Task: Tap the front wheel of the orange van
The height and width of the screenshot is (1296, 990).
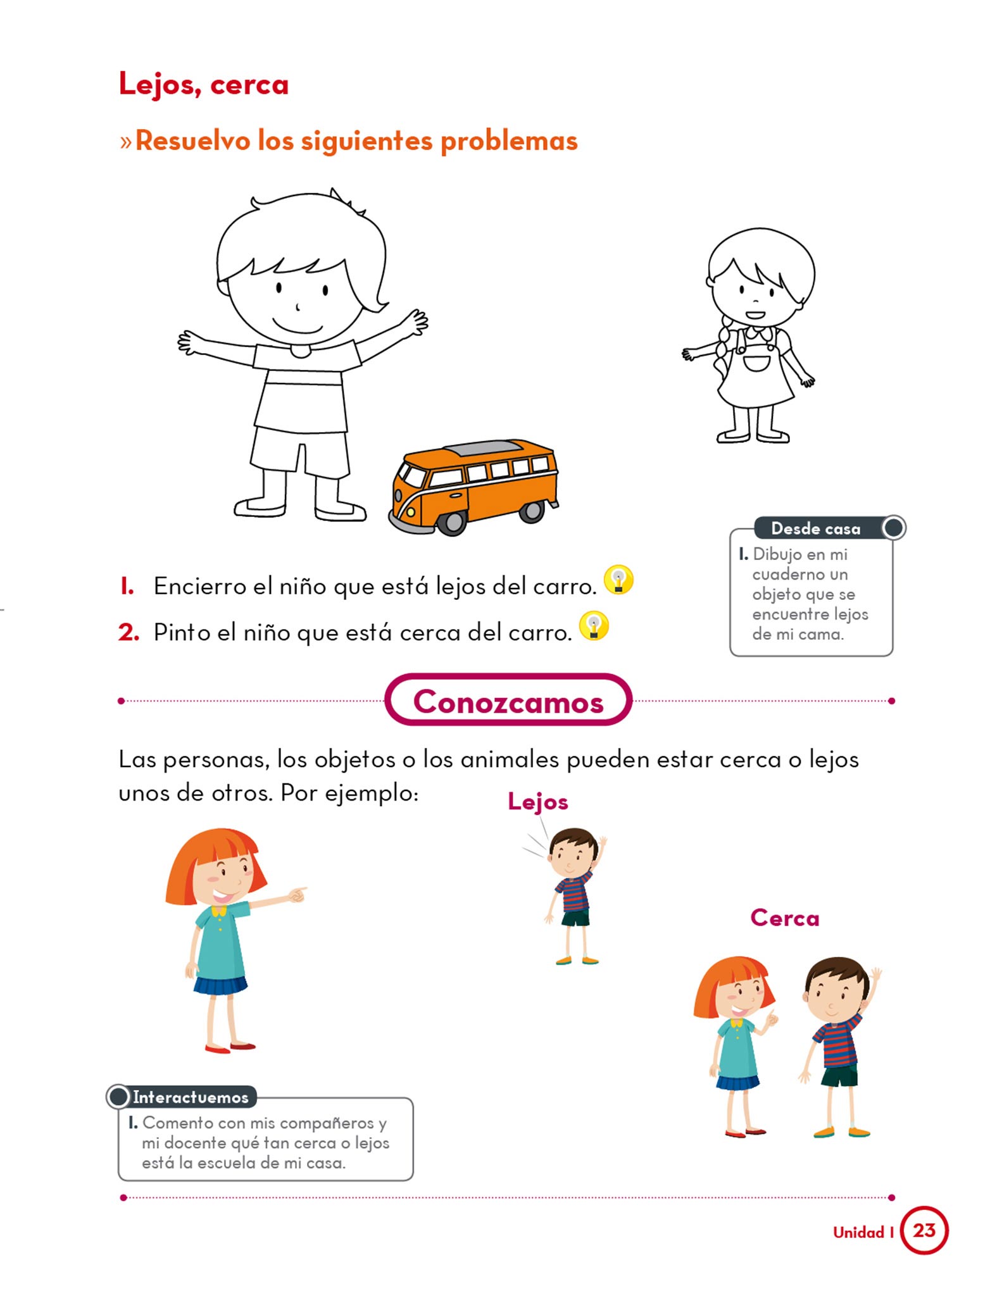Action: click(452, 523)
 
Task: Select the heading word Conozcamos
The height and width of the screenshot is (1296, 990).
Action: click(508, 701)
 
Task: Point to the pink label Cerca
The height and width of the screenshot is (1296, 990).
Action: click(785, 918)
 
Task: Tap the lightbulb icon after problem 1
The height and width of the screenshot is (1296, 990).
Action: click(618, 579)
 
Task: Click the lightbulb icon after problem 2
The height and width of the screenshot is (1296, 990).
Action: click(594, 625)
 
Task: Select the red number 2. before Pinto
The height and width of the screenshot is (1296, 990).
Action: click(128, 632)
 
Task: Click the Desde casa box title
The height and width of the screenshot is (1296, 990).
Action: click(816, 528)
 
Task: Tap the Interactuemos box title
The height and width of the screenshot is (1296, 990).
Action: click(191, 1097)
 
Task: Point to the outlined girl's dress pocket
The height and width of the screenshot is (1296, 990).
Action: click(756, 363)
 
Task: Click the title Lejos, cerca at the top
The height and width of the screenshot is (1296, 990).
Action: click(204, 84)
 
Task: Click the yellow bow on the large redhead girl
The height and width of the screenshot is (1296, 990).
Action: click(219, 911)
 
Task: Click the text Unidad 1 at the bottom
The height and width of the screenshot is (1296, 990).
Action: click(863, 1232)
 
